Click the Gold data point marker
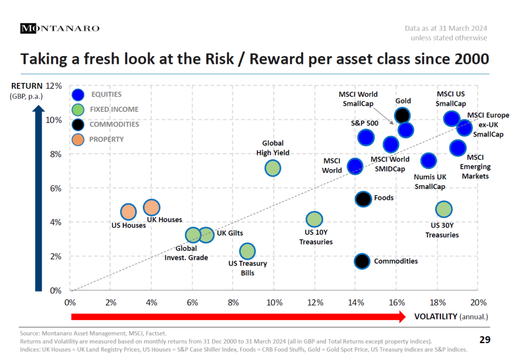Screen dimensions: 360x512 402,115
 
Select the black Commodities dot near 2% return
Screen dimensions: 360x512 362,261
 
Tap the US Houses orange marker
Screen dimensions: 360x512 128,212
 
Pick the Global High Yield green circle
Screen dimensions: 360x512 272,168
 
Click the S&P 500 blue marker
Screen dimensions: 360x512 366,137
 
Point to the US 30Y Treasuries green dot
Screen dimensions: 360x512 443,209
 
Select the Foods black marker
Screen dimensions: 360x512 363,198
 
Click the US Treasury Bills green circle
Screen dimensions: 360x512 247,251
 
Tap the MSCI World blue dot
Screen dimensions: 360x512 355,166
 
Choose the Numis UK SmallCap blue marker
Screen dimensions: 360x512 428,160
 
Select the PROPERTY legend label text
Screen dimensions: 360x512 106,139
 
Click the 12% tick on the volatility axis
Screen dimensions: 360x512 315,302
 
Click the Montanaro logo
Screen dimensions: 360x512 59,28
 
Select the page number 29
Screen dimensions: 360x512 484,340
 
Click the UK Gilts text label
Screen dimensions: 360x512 229,232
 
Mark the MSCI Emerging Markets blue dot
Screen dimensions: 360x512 457,147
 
